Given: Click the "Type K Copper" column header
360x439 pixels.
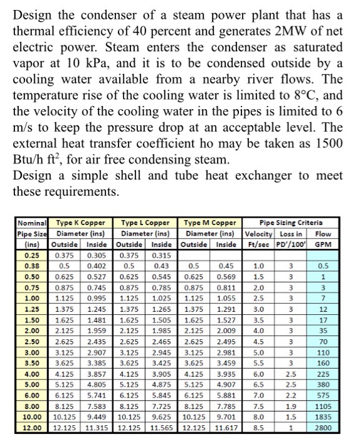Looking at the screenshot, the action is (x=81, y=223).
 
